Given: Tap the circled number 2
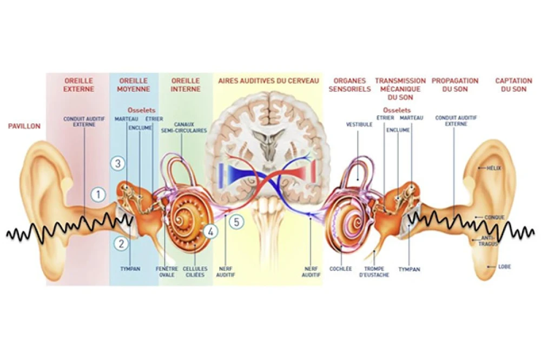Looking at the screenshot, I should coord(121,243).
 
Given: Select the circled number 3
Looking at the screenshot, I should coord(119,163).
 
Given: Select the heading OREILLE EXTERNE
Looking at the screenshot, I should coord(78,85).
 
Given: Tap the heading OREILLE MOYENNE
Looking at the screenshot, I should coord(133,85).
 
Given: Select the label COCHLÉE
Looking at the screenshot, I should coord(341,268).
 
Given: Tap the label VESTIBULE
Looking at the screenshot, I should coord(359,124).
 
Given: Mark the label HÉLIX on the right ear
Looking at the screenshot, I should coord(494,168).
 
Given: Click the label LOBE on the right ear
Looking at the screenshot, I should coord(505,266).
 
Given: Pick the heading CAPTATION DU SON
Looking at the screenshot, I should coord(513,85).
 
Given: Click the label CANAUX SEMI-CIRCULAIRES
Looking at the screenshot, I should coord(176,127).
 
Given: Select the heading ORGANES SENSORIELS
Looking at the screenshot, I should coord(349,85).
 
